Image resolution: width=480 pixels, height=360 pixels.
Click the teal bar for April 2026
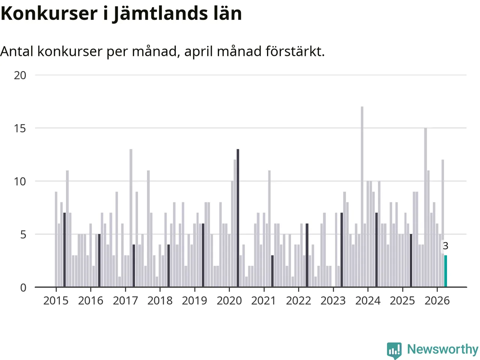[445, 271]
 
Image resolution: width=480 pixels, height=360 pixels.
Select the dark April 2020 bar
[238, 218]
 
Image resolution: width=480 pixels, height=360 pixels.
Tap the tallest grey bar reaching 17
[362, 197]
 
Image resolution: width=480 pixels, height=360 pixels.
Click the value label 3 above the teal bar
[445, 246]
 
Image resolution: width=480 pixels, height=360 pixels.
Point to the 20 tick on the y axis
[20, 75]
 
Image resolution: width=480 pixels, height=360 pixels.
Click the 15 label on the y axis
[20, 129]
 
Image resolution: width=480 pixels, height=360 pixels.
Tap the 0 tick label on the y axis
[23, 288]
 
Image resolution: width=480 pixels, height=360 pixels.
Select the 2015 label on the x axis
[56, 301]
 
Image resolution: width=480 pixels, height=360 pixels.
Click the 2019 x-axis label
[194, 301]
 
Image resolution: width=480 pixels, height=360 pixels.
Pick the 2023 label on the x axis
[333, 301]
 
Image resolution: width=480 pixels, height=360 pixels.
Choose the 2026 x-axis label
[437, 301]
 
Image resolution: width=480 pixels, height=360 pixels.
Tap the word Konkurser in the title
[49, 13]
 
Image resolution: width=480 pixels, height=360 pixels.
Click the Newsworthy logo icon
[394, 350]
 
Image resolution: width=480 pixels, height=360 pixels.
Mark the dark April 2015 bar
[64, 250]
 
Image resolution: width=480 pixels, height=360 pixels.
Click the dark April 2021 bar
[272, 271]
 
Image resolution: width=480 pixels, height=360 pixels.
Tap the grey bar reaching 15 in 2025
[426, 207]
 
